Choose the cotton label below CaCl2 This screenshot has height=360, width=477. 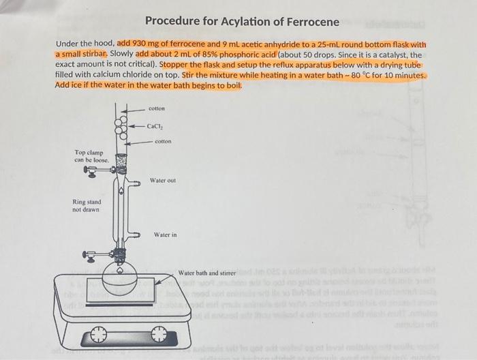point(163,142)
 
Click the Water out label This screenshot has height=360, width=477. point(163,181)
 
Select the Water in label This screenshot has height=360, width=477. point(165,235)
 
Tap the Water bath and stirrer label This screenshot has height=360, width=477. point(206,273)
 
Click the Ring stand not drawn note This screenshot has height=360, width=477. point(87,206)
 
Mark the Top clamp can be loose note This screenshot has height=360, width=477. point(89,156)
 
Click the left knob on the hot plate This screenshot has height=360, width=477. point(98,335)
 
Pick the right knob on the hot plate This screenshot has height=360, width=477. point(159,335)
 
